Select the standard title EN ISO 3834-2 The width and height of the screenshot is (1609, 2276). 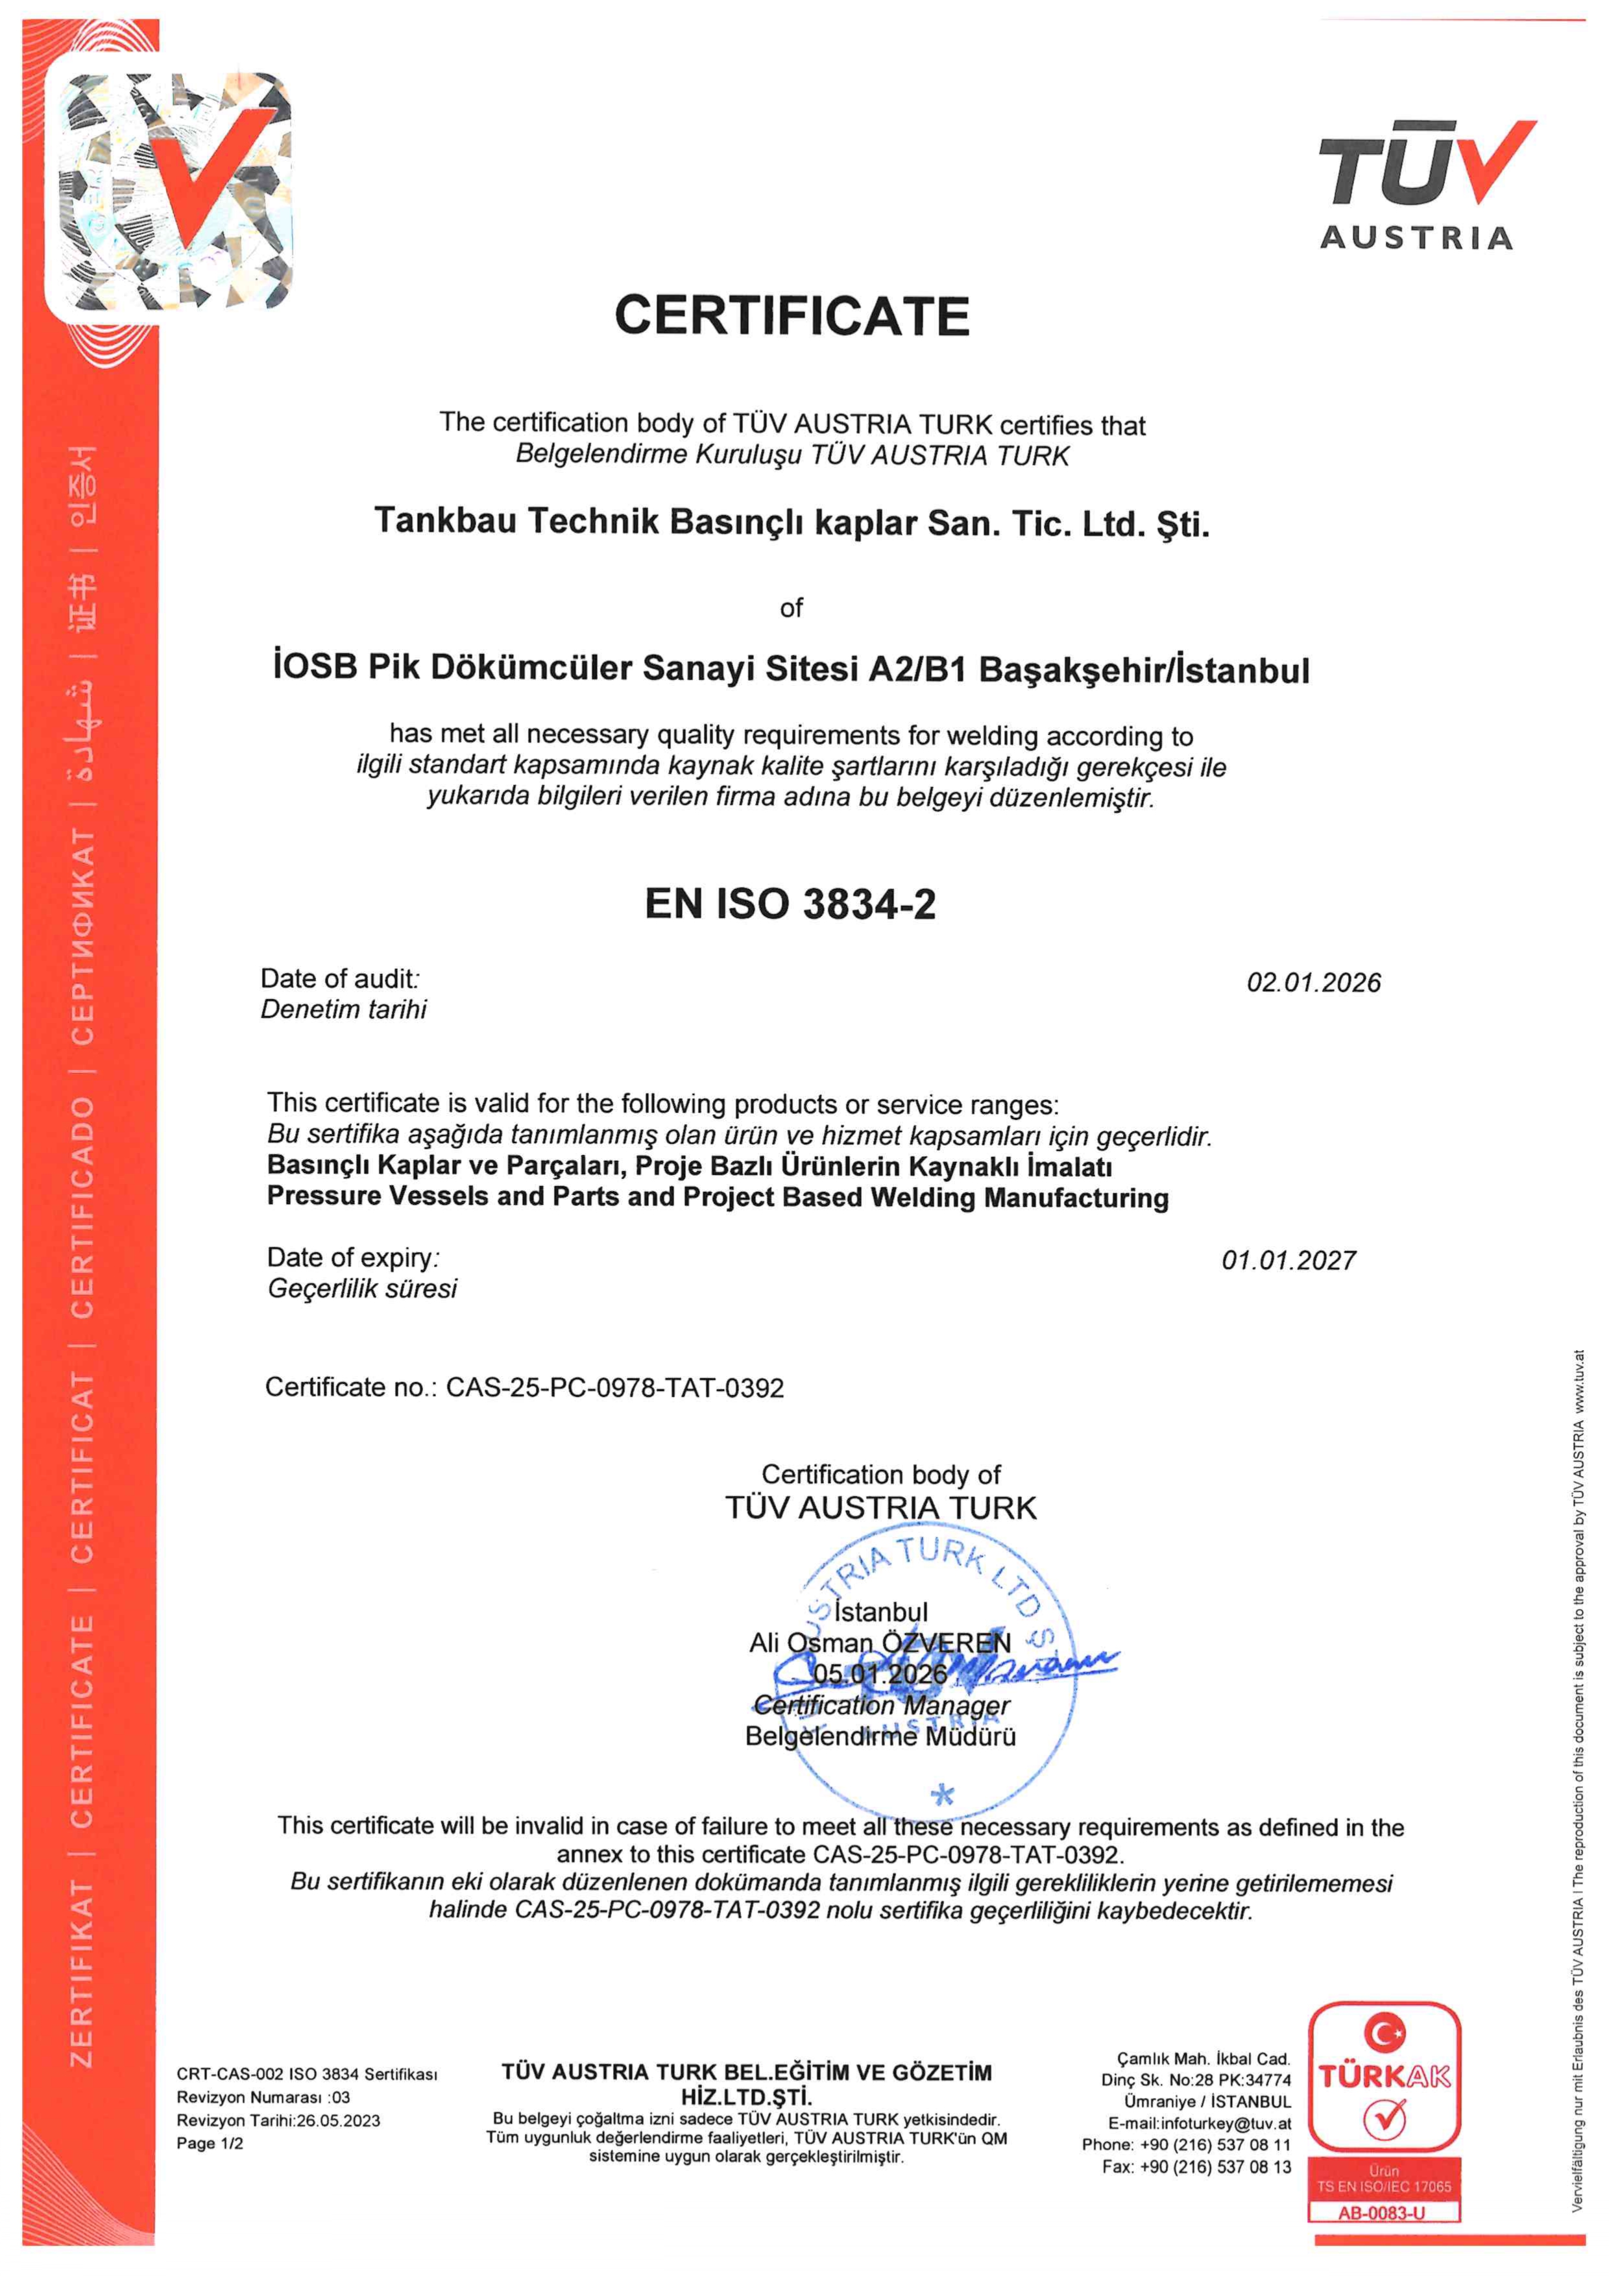(790, 904)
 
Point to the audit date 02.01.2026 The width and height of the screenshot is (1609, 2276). (1313, 982)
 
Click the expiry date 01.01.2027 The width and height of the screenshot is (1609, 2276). (1288, 1260)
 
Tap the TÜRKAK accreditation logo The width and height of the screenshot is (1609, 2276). (1384, 2075)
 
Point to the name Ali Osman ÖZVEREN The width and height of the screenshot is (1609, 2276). (879, 1643)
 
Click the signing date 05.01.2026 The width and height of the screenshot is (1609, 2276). (879, 1673)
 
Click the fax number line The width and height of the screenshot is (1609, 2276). (1196, 2167)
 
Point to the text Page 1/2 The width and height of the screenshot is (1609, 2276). (209, 2143)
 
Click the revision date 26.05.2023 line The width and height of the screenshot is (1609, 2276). (278, 2120)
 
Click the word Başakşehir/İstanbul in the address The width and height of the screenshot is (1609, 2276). (1144, 670)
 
